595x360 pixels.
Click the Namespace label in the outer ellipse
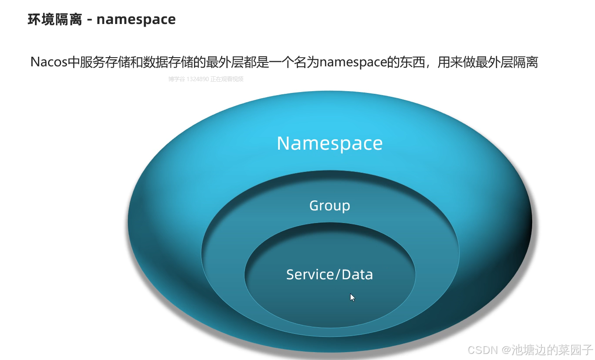click(330, 143)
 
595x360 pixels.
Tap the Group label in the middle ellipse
click(330, 206)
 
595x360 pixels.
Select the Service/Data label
click(330, 274)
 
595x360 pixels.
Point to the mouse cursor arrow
click(352, 298)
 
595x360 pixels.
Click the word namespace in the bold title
click(136, 20)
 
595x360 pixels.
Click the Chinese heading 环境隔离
click(55, 20)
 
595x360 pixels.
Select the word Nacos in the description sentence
click(49, 62)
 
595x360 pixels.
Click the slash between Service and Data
click(337, 274)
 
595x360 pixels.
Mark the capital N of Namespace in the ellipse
click(284, 143)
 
